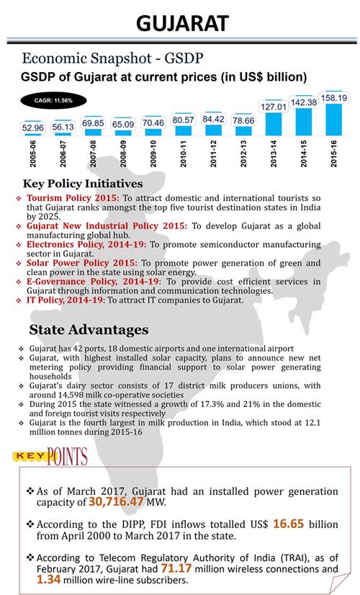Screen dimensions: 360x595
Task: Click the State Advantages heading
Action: (89, 330)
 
